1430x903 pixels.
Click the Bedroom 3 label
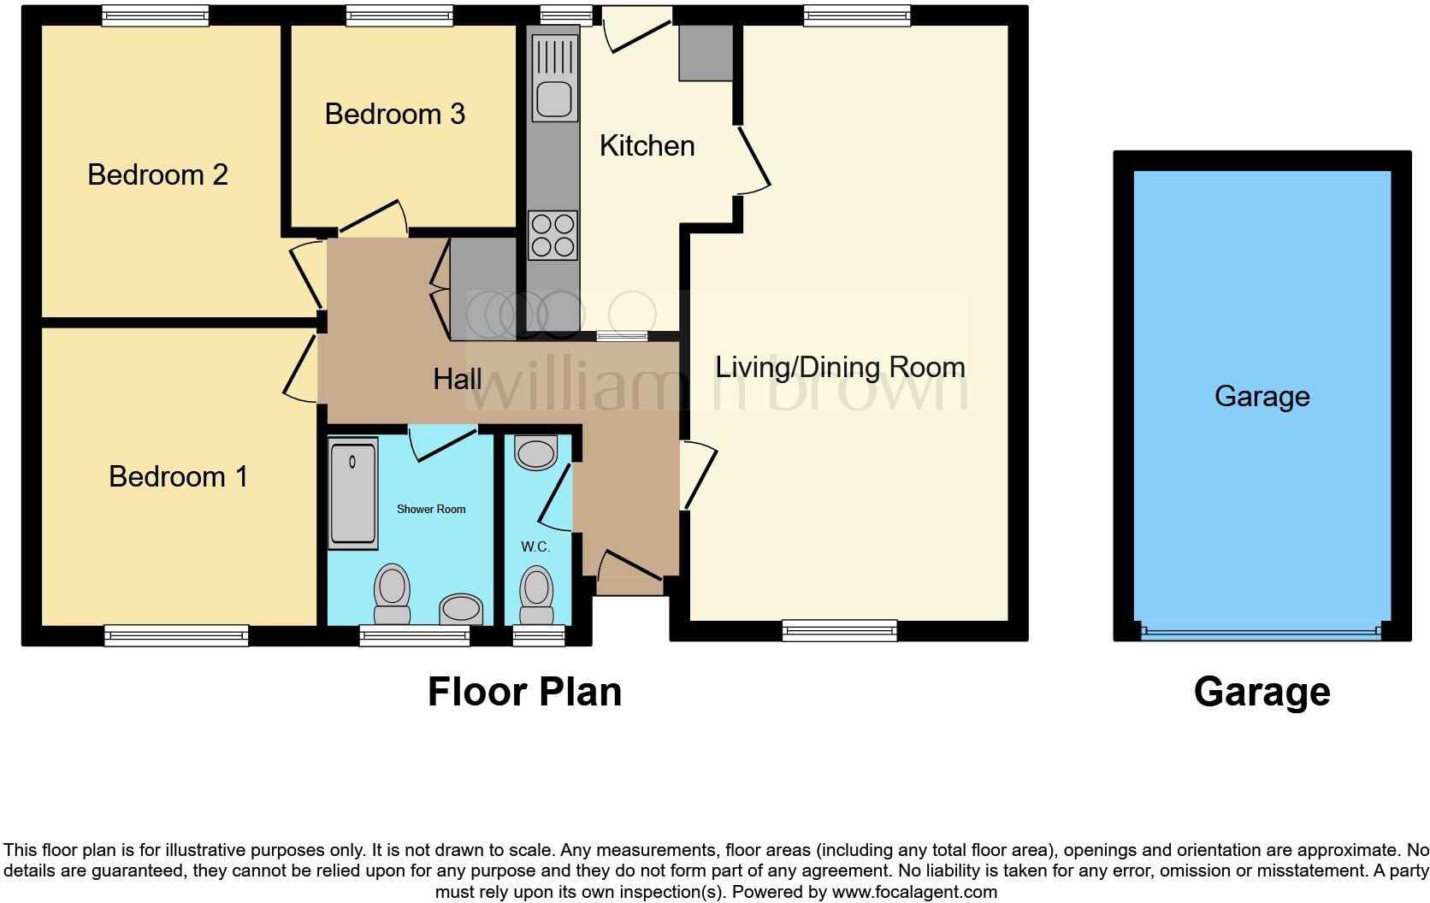[394, 114]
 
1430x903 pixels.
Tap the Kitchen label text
[647, 145]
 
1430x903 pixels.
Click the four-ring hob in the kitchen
[552, 235]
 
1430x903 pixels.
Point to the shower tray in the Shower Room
[352, 492]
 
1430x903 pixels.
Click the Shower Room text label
[431, 509]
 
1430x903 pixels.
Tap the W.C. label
[535, 546]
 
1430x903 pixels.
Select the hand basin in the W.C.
[536, 452]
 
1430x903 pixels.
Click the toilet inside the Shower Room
[392, 594]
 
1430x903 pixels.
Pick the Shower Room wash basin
[461, 610]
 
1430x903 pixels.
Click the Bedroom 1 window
[176, 634]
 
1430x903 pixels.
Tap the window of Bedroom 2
[155, 15]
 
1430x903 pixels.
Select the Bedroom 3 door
[373, 218]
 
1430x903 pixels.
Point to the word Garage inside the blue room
[1262, 396]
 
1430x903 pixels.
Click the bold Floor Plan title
[524, 692]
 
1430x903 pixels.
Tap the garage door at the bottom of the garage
[1262, 633]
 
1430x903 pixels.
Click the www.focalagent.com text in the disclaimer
[913, 892]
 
